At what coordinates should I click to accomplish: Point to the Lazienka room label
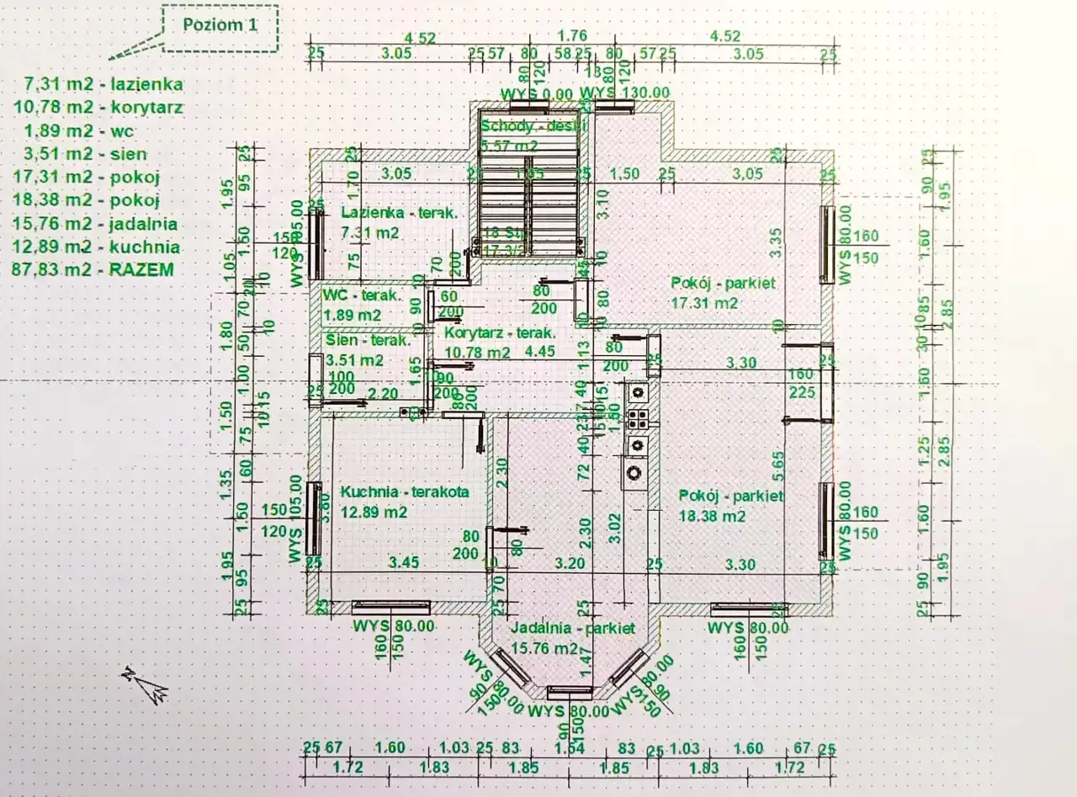400,213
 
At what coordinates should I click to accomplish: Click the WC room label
363,296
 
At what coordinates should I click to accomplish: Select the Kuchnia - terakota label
404,491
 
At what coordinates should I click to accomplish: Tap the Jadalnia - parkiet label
572,629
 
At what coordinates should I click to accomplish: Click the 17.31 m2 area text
704,303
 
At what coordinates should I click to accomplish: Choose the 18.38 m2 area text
712,517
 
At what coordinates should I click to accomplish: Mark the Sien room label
368,341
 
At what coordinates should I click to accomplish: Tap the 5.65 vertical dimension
778,460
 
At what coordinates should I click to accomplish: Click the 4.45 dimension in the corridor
539,352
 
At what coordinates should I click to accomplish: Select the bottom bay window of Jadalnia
570,693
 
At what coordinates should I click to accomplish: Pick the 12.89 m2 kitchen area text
374,512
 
